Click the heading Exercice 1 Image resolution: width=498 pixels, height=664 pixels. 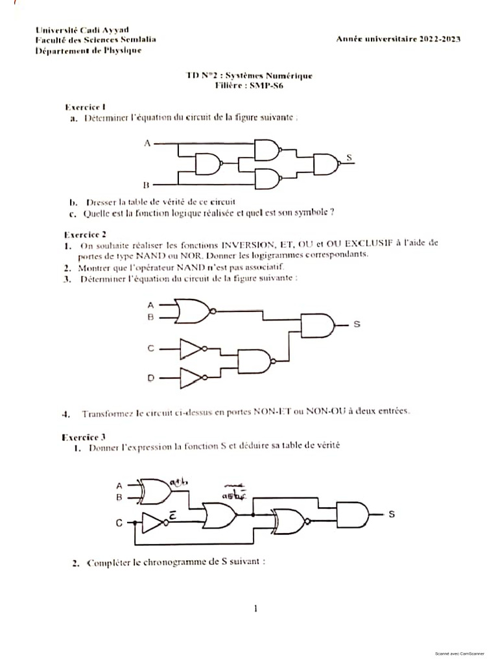tap(86, 106)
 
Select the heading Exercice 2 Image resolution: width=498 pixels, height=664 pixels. tap(85, 234)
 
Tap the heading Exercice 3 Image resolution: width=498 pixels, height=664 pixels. tap(85, 437)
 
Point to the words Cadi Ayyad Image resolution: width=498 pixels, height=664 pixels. tap(105, 29)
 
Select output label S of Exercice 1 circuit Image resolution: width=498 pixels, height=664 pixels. tap(350, 158)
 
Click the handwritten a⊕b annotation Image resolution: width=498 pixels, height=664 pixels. tap(178, 482)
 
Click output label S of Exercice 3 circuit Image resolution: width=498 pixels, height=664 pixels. tap(391, 514)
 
